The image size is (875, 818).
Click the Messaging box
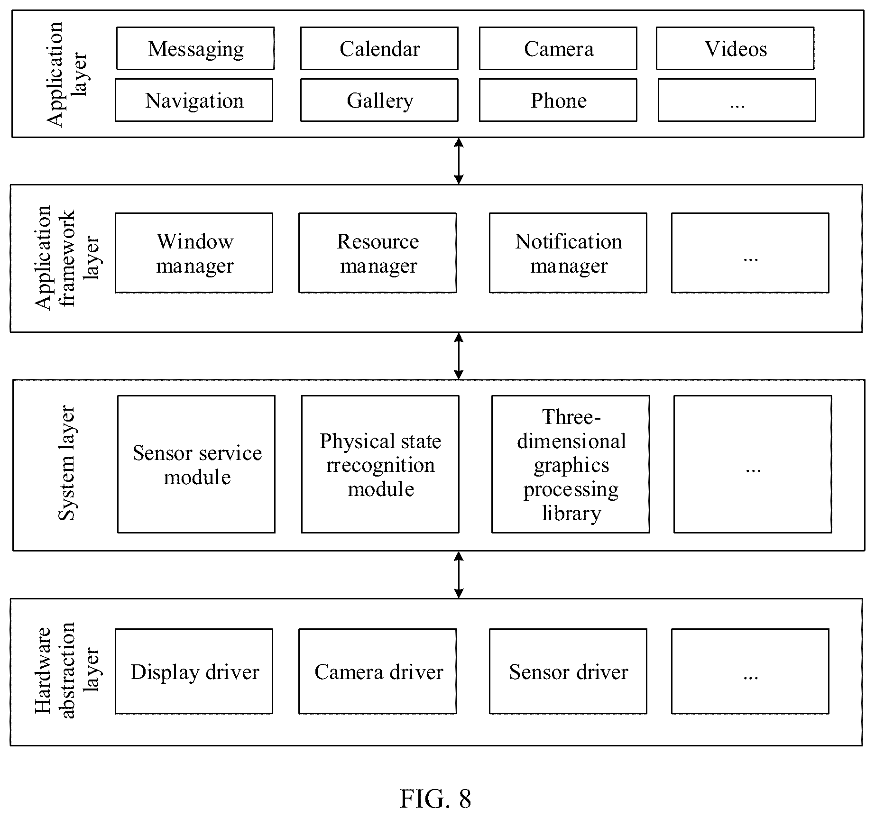point(195,48)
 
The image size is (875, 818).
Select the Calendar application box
point(379,48)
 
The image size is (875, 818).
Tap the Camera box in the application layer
point(558,48)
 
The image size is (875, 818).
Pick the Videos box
point(736,48)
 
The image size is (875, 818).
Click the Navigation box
point(194,100)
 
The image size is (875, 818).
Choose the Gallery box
point(379,100)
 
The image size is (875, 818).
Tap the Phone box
point(558,100)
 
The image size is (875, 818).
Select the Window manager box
point(194,253)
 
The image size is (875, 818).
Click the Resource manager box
point(378,253)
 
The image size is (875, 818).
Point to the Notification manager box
point(568,253)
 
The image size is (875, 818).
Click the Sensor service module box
point(196,464)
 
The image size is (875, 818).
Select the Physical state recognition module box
point(380,464)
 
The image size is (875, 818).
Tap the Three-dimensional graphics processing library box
point(571,464)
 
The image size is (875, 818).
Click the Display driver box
point(194,671)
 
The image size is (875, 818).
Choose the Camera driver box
point(378,671)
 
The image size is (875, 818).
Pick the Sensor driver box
point(568,671)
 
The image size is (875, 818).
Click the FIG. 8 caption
point(435,799)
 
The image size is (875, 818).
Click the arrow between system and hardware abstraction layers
point(459,575)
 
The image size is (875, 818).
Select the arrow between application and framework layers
point(459,161)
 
